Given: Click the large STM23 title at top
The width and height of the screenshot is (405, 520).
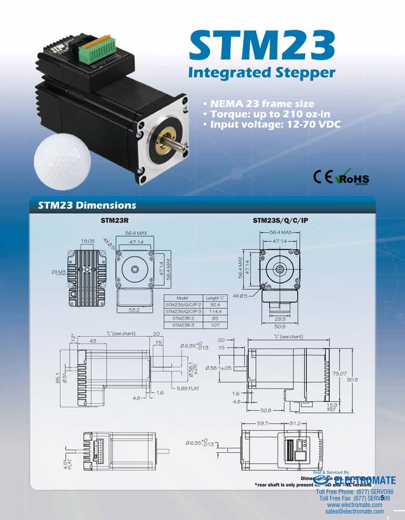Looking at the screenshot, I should pos(262,46).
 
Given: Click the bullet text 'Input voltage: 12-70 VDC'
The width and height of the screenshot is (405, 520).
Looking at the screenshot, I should pos(271,124).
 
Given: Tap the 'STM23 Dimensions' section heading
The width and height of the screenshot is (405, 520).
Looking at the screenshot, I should pos(87,205).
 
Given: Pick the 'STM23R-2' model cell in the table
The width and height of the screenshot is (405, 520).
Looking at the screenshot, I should pos(183,318).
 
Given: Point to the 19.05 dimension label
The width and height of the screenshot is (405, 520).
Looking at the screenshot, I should pos(88,241).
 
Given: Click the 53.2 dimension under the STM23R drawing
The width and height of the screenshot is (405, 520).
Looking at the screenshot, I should pos(134,310).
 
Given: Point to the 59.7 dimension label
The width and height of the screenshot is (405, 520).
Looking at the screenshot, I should pos(263,422).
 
